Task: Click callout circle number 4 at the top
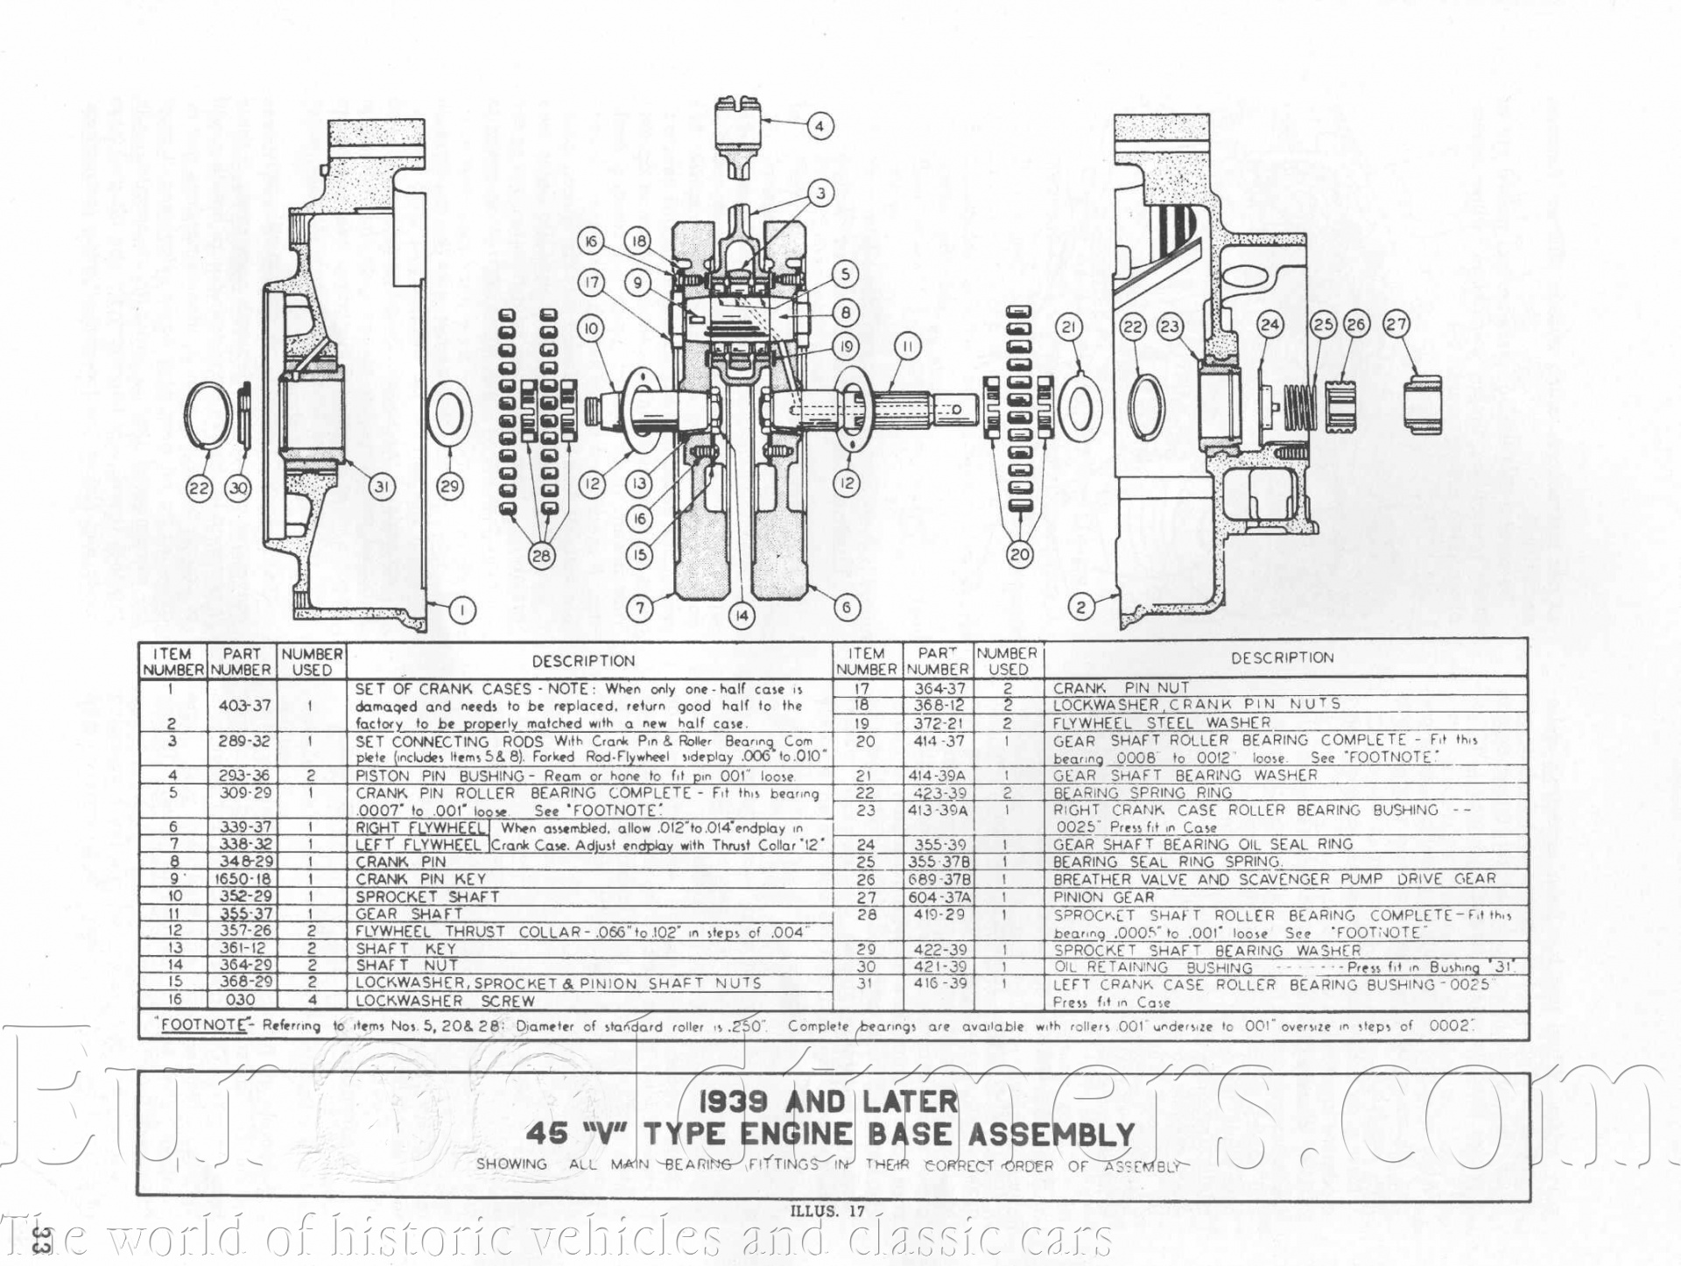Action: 819,126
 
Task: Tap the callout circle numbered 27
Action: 1396,324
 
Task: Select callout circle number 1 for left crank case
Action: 462,610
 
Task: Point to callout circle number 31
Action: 381,486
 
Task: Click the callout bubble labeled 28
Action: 542,556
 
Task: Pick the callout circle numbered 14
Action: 742,615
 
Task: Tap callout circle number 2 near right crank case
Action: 1081,606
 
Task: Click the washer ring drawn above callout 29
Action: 449,413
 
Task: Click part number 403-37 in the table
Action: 242,706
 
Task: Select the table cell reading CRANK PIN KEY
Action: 420,879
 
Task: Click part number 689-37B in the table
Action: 939,880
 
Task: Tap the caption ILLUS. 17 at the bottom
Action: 827,1212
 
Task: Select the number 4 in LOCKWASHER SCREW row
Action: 311,1000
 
